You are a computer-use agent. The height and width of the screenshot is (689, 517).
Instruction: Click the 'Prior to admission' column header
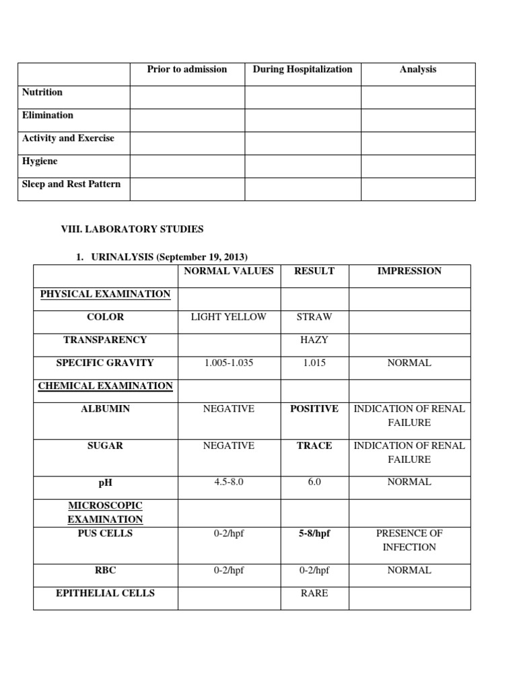coord(187,69)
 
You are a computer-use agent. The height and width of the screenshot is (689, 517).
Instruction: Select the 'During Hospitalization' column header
coord(302,69)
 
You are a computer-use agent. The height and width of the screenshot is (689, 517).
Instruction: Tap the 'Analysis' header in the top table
coord(417,69)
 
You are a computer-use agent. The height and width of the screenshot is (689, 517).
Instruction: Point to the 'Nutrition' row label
coord(42,92)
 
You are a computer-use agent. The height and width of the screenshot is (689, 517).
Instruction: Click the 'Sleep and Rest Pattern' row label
coord(71,184)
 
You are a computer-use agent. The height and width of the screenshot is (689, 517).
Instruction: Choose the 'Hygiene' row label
coord(40,161)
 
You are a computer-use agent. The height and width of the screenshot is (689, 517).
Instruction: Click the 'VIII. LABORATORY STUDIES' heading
coord(133,229)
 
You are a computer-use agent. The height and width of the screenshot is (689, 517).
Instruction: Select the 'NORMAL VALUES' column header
coord(229,271)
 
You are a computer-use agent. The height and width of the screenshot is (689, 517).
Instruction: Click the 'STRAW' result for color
coord(314,317)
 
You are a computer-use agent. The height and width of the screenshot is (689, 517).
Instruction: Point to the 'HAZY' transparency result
coord(314,340)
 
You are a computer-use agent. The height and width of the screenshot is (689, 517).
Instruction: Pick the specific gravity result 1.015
coord(314,363)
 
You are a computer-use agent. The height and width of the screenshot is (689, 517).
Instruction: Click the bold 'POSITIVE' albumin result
coord(314,409)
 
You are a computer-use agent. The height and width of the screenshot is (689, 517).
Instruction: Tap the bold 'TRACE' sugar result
coord(314,445)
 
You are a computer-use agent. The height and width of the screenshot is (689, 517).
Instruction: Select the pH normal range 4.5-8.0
coord(229,482)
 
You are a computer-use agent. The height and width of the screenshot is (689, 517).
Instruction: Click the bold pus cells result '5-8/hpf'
coord(314,534)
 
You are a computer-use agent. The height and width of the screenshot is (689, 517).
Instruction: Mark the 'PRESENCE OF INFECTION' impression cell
coord(409,540)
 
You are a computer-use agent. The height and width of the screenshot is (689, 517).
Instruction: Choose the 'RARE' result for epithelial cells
coord(314,593)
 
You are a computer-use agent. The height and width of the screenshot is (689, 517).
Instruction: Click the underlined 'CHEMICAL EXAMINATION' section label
coord(106,386)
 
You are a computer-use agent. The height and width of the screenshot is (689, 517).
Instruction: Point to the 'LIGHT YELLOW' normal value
coord(229,317)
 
